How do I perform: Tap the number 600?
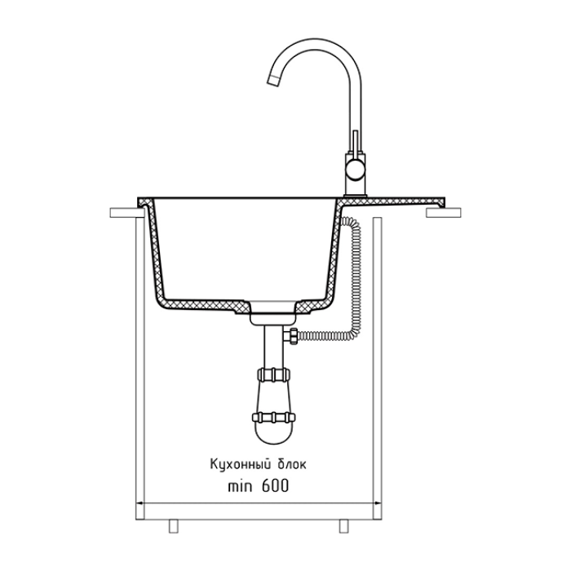(276, 486)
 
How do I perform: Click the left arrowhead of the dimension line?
(138, 503)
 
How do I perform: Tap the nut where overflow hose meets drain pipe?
(290, 335)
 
